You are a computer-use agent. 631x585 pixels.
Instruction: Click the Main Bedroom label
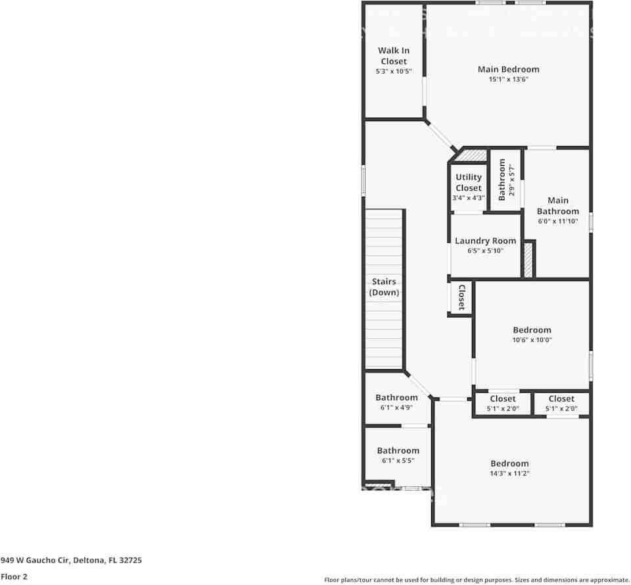508,69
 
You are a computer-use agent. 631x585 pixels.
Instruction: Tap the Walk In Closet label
394,56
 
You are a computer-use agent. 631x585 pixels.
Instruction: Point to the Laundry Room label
486,241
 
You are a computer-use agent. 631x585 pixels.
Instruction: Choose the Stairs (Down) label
384,287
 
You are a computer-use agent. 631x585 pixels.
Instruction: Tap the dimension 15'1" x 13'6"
508,80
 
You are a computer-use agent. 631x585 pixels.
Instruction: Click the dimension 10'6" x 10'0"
532,340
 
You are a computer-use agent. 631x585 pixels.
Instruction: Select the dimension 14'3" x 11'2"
509,473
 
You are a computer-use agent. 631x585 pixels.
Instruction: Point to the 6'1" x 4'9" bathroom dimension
396,407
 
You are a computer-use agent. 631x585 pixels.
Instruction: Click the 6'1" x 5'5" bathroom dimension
398,461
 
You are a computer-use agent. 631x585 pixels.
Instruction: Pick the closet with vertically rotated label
461,297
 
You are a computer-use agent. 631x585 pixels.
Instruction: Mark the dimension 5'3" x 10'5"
394,71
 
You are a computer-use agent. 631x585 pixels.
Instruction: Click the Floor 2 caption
14,576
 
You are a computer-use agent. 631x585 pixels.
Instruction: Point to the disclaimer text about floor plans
477,580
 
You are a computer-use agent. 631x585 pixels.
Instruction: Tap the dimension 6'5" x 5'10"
486,251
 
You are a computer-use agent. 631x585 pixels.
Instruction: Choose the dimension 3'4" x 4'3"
469,197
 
